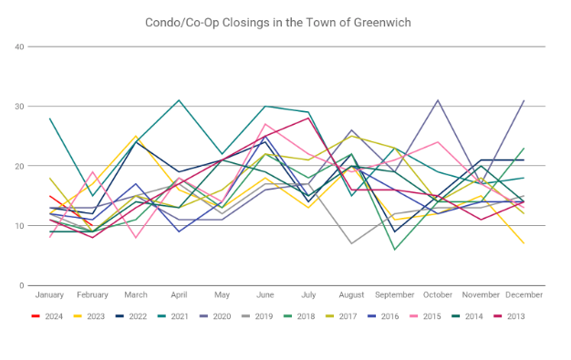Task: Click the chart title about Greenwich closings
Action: coord(278,23)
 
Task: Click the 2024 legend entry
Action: coord(47,316)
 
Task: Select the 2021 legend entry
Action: coord(173,316)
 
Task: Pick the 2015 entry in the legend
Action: coord(425,316)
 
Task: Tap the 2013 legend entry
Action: coord(509,316)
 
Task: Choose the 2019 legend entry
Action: coord(257,316)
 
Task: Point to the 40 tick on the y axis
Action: coord(19,46)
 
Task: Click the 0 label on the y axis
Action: coord(22,286)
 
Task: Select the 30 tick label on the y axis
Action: coord(19,107)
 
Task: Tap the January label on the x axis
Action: coord(49,295)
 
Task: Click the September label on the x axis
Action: coord(395,295)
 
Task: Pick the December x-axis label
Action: coord(524,295)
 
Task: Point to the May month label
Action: coord(223,295)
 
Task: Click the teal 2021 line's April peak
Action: coord(179,100)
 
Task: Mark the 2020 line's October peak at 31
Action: coord(438,100)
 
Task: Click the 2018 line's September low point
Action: coord(395,250)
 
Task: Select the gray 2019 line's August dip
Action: coord(351,243)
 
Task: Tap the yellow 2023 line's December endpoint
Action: coord(524,243)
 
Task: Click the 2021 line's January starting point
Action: coord(49,118)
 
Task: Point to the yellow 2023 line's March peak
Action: coord(136,136)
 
